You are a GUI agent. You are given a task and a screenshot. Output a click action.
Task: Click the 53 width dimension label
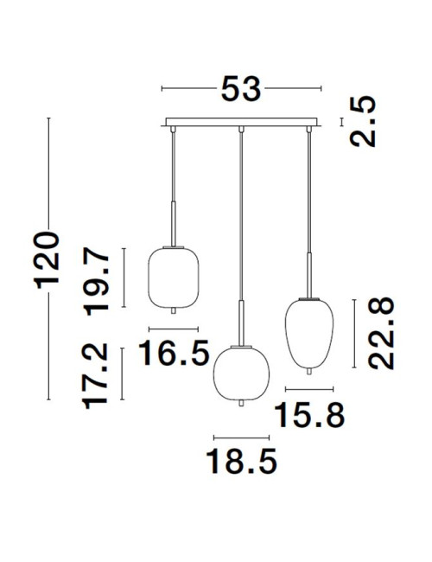click(241, 88)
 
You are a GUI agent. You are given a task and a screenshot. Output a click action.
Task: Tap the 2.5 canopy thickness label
click(363, 122)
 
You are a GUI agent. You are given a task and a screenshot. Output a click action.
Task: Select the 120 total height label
click(47, 260)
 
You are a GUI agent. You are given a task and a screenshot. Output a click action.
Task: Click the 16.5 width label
click(174, 353)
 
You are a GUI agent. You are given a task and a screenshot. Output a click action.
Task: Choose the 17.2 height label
click(95, 376)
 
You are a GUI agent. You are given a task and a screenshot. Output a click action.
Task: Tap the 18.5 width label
click(241, 461)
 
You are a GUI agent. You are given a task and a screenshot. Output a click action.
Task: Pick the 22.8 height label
click(381, 334)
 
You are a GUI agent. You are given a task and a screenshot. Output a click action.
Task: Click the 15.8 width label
click(309, 415)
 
